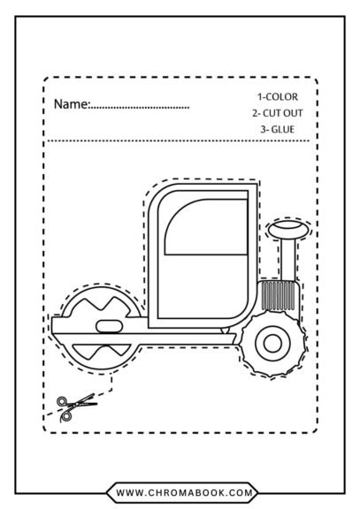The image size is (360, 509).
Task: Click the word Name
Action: point(71,104)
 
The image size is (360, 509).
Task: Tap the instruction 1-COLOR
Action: point(278,96)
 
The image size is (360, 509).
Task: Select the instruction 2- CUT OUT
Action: point(278,113)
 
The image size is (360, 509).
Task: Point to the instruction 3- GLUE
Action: point(278,129)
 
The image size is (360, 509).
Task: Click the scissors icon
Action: point(77,407)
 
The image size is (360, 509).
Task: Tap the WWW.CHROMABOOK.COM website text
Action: point(184,493)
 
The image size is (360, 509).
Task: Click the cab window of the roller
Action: point(206,226)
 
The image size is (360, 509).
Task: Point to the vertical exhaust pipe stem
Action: point(288,259)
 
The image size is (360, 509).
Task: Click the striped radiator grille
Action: point(279,295)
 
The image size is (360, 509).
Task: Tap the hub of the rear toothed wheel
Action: point(273,344)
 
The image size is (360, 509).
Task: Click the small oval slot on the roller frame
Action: point(110,326)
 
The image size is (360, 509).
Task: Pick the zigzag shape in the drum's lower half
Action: point(102,351)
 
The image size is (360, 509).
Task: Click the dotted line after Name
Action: point(139,107)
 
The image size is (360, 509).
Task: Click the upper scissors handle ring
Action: point(61,401)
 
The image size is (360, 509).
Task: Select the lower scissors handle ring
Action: point(67,416)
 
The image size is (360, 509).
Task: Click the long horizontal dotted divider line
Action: point(179,141)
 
